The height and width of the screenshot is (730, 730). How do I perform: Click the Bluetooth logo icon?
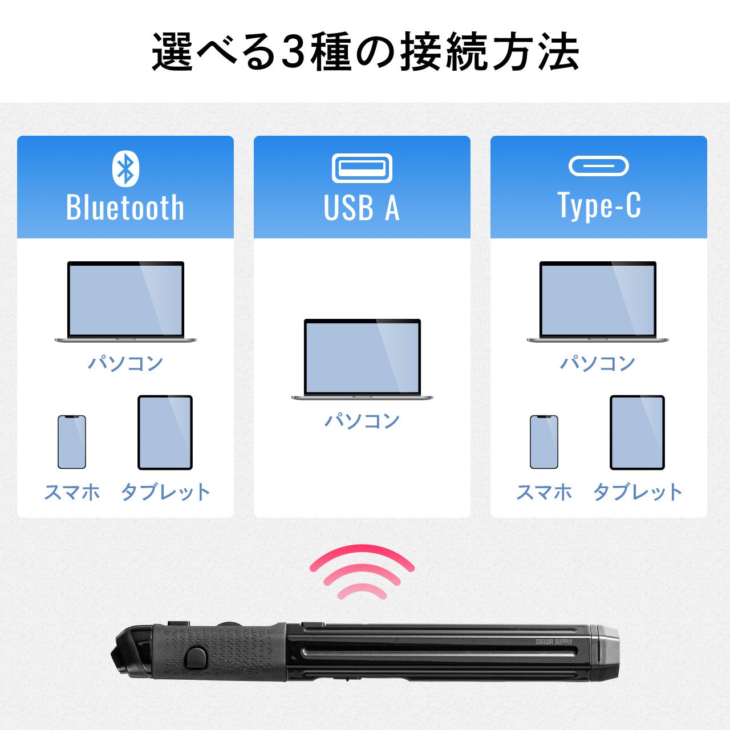125,169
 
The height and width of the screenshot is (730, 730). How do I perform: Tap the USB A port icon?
362,168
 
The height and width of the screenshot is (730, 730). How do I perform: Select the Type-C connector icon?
599,166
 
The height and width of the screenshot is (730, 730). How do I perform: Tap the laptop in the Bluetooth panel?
125,302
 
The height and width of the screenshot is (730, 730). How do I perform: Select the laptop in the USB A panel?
362,359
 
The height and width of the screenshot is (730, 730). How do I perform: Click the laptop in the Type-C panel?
598,302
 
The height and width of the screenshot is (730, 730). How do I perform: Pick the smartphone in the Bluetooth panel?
72,442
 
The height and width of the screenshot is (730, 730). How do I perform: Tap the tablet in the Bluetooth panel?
165,432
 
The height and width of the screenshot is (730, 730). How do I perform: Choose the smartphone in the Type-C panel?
544,442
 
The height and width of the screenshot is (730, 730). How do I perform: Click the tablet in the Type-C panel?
637,432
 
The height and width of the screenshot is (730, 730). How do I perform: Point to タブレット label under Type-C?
638,492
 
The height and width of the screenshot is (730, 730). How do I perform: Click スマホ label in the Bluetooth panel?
72,492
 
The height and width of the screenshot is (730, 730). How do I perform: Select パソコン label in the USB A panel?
362,420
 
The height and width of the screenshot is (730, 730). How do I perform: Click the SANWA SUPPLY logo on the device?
554,642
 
